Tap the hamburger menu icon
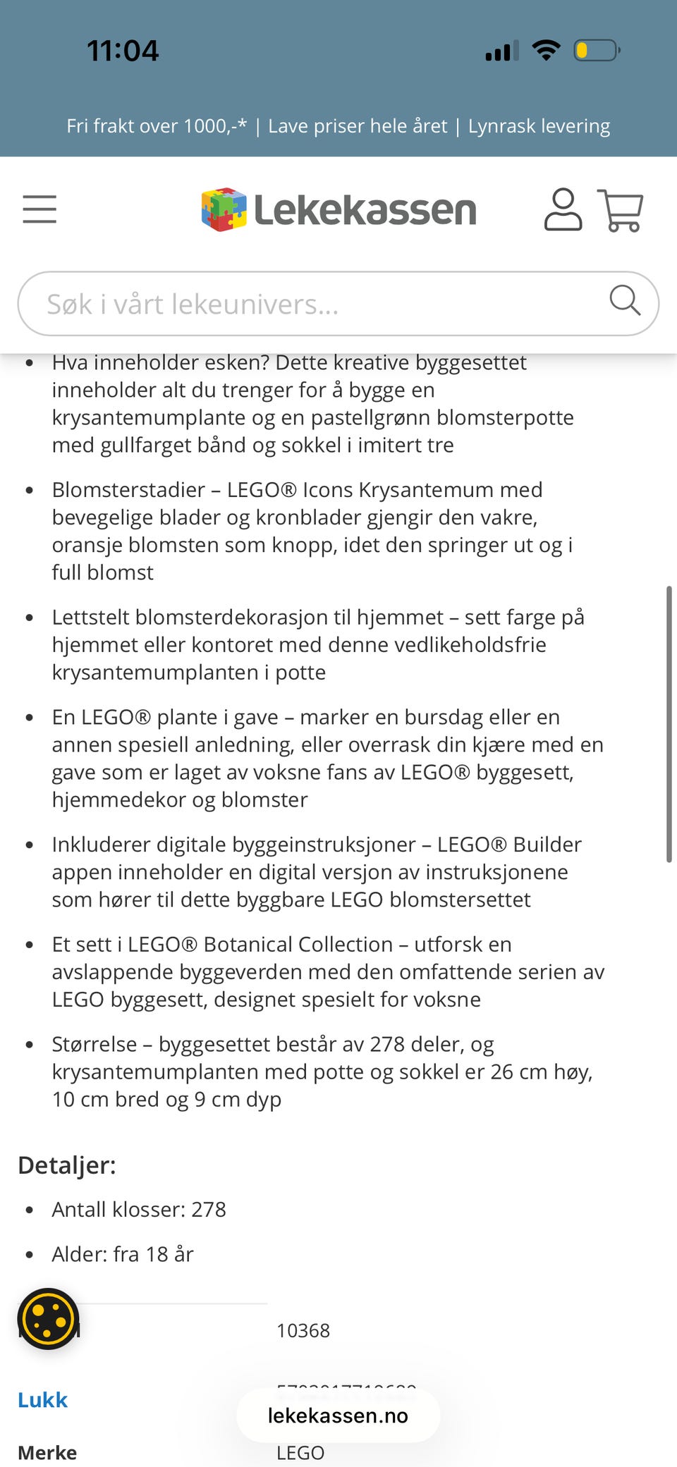tap(39, 209)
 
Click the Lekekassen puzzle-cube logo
tap(224, 209)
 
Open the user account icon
tap(563, 209)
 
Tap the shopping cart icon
tap(621, 210)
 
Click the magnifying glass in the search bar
tap(624, 301)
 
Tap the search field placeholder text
tap(193, 304)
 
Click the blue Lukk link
tap(42, 1399)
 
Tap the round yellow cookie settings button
tap(48, 1318)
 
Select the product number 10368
tap(303, 1330)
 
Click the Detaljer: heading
tap(67, 1165)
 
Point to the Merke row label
tap(47, 1452)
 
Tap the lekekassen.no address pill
tap(338, 1416)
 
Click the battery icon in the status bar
tap(597, 51)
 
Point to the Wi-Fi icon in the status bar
tap(546, 50)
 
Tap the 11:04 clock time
tap(123, 51)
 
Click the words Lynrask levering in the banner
tap(539, 126)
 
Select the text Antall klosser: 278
tap(139, 1210)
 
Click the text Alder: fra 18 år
tap(123, 1254)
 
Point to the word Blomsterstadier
tap(128, 490)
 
